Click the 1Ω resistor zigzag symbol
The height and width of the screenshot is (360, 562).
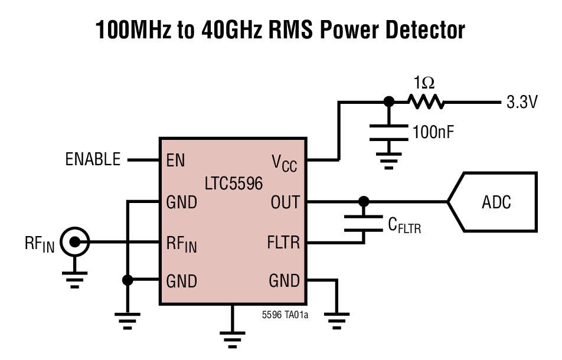point(424,102)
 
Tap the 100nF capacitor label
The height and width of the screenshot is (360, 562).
point(433,132)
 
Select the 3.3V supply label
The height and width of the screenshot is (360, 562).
point(522,102)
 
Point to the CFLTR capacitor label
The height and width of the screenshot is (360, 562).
point(404,225)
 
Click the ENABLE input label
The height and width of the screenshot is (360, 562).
point(93,159)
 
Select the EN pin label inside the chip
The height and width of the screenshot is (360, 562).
point(176,160)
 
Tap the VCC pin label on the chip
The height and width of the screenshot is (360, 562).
point(284,162)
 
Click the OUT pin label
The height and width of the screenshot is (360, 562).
point(285,202)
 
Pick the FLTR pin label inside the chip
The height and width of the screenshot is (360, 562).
point(284,242)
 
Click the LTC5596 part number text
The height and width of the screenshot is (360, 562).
point(233,184)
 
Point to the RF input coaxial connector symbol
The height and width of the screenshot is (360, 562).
point(76,241)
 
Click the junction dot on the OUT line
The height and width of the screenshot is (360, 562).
point(364,202)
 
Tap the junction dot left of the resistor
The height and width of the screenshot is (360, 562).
point(388,102)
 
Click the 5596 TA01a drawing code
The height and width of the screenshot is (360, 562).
point(285,315)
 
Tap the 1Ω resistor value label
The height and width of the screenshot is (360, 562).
point(424,82)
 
